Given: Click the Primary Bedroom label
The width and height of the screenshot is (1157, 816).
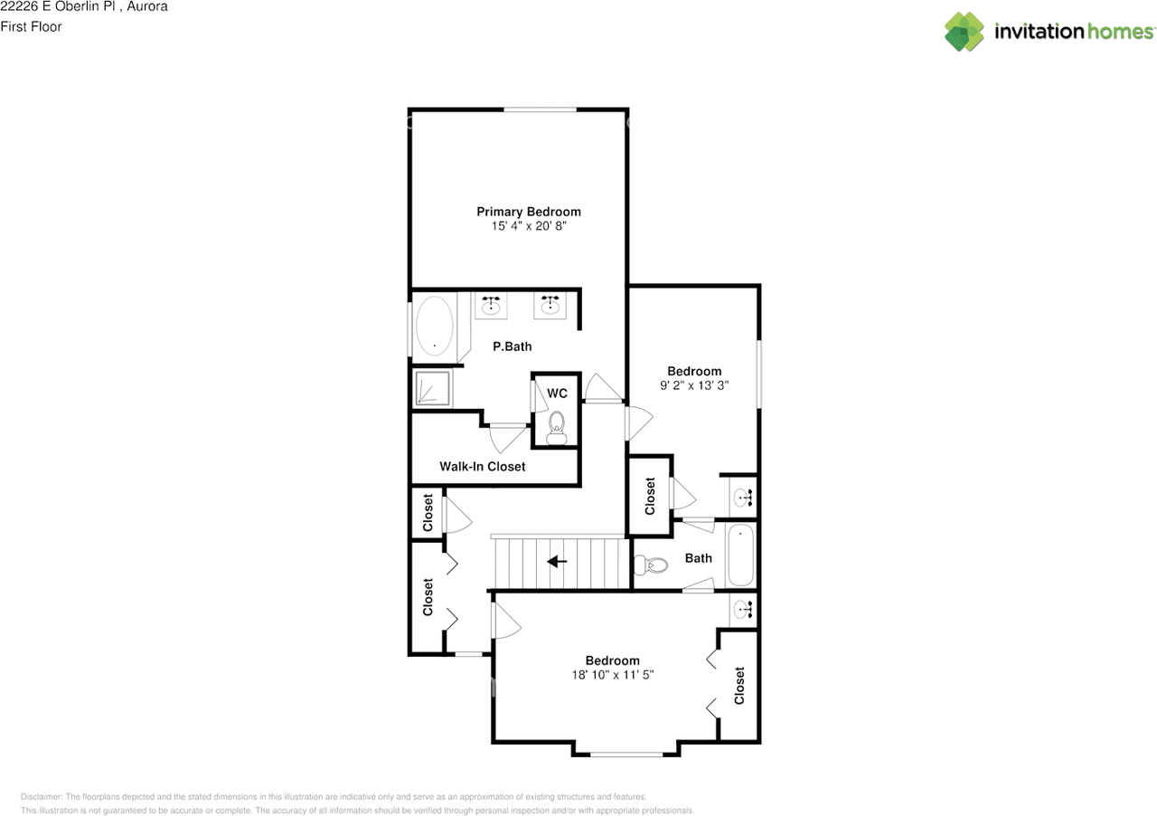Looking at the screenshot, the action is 529,212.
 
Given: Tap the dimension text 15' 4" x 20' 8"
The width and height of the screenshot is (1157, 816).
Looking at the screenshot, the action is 529,226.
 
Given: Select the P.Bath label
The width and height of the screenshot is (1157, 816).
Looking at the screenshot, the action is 512,346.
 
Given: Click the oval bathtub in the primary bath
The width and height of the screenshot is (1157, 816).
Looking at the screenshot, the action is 435,326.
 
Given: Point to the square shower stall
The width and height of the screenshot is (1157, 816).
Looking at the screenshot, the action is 433,388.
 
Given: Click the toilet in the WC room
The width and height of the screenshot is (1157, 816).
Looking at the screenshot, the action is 556,428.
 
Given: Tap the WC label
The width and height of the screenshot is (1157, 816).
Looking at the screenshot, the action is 557,394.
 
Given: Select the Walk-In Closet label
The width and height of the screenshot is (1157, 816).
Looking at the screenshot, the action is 483,467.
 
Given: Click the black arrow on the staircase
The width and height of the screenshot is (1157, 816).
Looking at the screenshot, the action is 557,561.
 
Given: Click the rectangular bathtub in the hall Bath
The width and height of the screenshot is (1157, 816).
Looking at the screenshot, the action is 740,555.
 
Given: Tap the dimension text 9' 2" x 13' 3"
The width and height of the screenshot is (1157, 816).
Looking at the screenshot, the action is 694,385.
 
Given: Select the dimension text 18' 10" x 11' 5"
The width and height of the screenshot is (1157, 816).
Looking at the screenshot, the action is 613,675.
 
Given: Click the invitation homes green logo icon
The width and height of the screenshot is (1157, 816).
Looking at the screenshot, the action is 964,32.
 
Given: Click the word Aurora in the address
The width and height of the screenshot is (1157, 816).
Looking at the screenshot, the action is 147,6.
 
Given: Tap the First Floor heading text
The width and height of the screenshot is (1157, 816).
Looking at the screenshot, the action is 31,26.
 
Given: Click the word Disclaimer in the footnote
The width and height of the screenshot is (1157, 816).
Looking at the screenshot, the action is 42,797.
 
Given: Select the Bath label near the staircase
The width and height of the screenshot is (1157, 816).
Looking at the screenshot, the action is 699,558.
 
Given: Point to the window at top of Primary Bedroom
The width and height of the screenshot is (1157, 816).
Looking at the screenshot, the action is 540,109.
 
